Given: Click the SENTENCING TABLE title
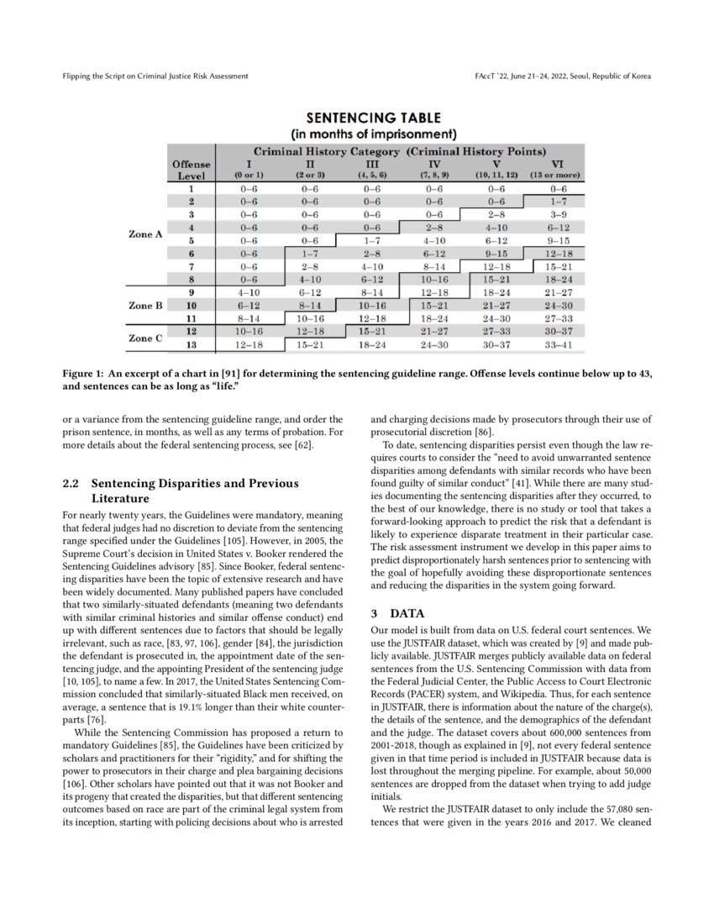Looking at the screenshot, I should point(372,118).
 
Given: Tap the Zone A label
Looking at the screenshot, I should point(145,234).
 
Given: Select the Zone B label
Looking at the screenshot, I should point(145,306).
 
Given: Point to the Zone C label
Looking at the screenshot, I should point(145,339).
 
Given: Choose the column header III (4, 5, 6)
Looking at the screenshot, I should point(372,169).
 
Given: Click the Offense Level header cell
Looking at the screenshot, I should point(191,170).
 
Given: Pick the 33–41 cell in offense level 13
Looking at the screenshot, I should point(558,345).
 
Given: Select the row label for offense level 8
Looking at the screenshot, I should point(191,279).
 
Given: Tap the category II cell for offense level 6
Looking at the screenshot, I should point(310,254).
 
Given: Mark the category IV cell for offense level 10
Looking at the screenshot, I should point(434,306).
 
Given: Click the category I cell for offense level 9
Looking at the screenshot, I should point(249,293).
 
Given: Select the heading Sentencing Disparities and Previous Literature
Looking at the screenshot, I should point(194,491).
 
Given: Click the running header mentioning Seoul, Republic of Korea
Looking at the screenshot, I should point(562,76).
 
